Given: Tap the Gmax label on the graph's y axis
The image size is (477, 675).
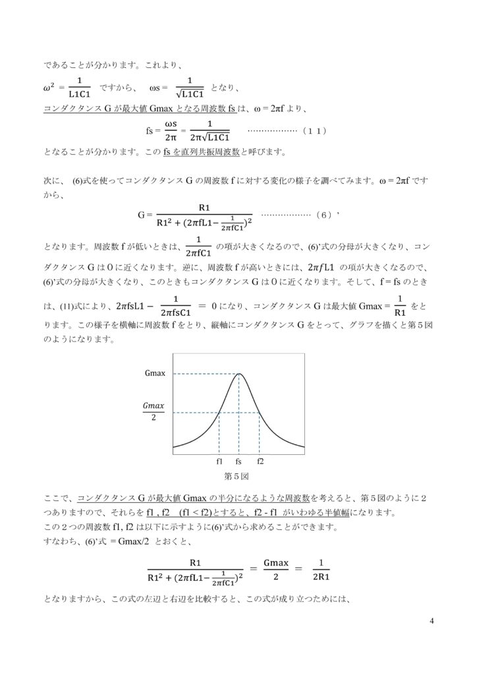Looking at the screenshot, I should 155,374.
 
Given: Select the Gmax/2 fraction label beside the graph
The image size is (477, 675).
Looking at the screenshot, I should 154,413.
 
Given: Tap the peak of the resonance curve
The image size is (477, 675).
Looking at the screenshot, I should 239,374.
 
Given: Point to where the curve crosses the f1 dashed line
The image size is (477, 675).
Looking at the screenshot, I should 219,413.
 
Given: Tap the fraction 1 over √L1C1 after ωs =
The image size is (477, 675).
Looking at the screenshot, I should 190,87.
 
